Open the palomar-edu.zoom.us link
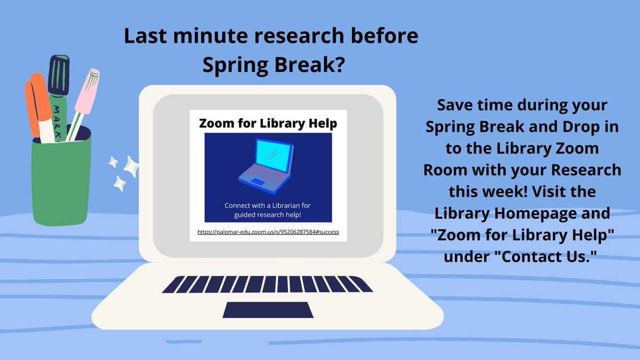(268, 232)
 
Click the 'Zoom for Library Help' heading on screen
(268, 124)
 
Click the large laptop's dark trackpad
(268, 309)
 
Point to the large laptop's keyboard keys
(268, 284)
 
